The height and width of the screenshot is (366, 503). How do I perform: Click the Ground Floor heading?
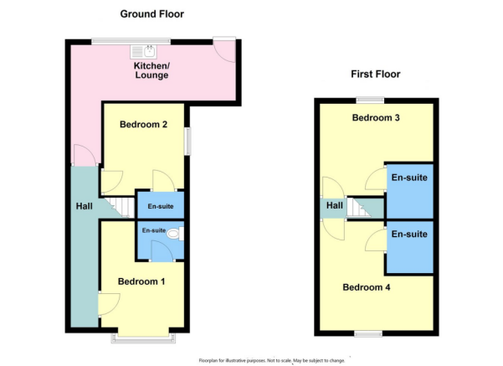[x=152, y=13]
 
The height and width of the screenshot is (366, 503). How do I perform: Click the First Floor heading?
[x=375, y=75]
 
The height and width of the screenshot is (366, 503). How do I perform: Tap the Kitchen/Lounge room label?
[x=151, y=70]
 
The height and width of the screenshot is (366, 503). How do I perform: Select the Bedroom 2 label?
[x=144, y=125]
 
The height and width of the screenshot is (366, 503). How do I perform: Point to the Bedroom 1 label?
[x=141, y=281]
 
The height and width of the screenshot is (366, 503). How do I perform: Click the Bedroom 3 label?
[x=375, y=118]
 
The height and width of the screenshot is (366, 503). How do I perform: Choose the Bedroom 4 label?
[x=367, y=287]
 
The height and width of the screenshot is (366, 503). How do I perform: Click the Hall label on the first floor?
[x=335, y=205]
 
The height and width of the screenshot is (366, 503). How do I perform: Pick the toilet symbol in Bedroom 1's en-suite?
[x=174, y=235]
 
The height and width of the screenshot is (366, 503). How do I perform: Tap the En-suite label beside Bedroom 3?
[x=409, y=178]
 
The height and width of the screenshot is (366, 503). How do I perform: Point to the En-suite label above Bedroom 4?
[x=409, y=235]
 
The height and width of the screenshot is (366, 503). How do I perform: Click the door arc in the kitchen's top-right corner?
[x=223, y=48]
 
